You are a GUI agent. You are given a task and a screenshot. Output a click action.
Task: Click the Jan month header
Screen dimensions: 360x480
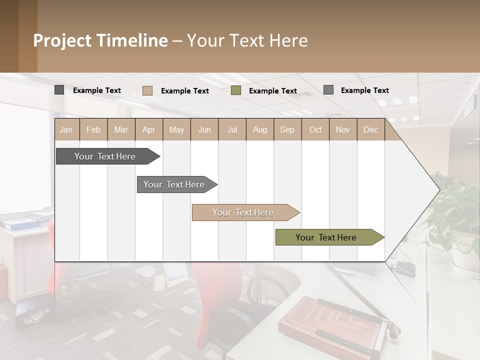click(66, 129)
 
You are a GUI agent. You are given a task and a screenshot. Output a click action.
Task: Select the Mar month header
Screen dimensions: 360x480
click(121, 129)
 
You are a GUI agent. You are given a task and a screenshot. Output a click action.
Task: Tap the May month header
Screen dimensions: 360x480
click(176, 129)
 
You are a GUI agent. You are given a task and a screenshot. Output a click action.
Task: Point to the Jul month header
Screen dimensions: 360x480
click(232, 129)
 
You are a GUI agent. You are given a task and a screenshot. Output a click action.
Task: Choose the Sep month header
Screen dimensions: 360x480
click(287, 129)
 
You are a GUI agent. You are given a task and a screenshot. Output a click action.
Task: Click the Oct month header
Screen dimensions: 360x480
click(315, 129)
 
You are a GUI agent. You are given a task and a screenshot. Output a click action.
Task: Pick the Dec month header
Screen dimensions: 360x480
click(370, 129)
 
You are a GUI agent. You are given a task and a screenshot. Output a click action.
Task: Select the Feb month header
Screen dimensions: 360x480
click(93, 129)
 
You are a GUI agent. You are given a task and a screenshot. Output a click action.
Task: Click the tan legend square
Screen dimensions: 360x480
click(147, 90)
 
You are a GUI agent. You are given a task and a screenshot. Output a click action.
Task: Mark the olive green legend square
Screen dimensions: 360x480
click(236, 90)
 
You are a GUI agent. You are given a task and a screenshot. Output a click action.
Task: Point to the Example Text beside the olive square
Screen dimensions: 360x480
click(272, 91)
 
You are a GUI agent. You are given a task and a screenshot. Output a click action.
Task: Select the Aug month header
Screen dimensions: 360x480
click(259, 129)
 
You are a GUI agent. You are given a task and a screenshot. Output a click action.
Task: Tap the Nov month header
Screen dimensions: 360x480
click(343, 129)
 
